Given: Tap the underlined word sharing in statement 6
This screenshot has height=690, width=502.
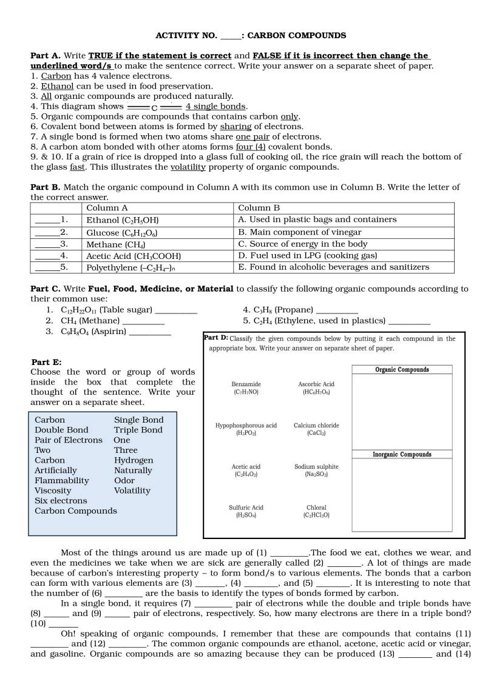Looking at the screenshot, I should [236, 127].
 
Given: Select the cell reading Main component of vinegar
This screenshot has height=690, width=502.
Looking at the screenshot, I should [299, 232].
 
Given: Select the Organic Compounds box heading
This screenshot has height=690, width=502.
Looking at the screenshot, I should [402, 370].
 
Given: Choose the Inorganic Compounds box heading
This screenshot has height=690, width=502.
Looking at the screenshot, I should [402, 454].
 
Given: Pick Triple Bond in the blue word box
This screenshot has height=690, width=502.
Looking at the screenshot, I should [138, 430].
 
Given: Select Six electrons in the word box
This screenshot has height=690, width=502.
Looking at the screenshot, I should [61, 501].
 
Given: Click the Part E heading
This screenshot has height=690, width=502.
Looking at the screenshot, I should [46, 362].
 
